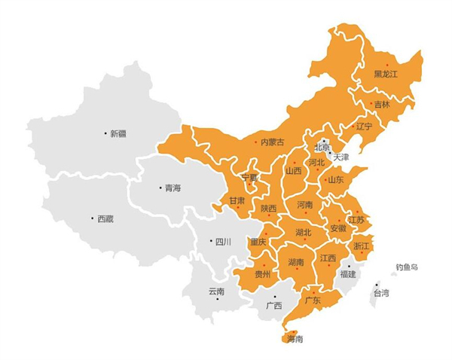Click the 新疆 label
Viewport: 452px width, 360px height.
coord(118,134)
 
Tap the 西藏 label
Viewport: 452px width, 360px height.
coord(105,219)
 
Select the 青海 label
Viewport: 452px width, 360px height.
coord(173,188)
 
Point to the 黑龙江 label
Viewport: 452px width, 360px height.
coord(386,74)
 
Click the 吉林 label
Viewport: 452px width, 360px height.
coord(382,105)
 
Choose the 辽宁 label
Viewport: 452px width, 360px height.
coord(364,126)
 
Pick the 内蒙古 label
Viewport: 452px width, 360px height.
coord(272,142)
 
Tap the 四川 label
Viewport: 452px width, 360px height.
coord(223,242)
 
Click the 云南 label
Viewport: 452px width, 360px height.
coord(216,291)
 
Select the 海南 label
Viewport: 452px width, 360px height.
coord(295,339)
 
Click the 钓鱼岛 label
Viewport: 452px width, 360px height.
coord(407,267)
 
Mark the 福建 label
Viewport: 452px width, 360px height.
coord(348,274)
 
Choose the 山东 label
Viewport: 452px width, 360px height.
coord(335,180)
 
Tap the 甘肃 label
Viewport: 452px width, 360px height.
coord(237,201)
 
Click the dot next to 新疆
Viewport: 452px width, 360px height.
coord(105,133)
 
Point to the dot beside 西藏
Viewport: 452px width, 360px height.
coord(92,219)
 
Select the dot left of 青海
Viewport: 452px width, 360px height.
coord(160,188)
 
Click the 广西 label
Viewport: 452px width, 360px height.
coord(273,306)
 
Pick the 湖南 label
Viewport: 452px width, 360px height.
coord(295,262)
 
